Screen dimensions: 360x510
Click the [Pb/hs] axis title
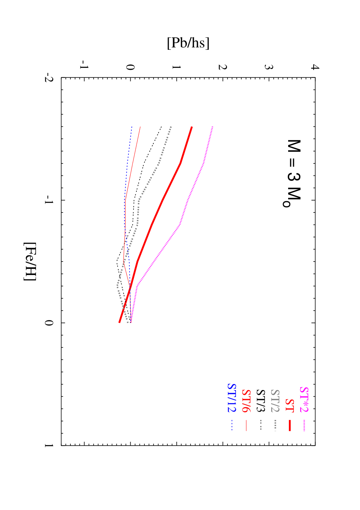tap(188, 43)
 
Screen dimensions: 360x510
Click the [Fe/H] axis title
tap(30, 262)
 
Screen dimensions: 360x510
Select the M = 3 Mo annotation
tap(292, 174)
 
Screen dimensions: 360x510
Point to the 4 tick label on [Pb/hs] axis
tap(315, 67)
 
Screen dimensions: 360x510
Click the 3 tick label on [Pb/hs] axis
tap(269, 67)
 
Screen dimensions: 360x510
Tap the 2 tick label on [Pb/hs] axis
tap(222, 67)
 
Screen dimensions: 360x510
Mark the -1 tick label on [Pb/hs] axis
tap(84, 65)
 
